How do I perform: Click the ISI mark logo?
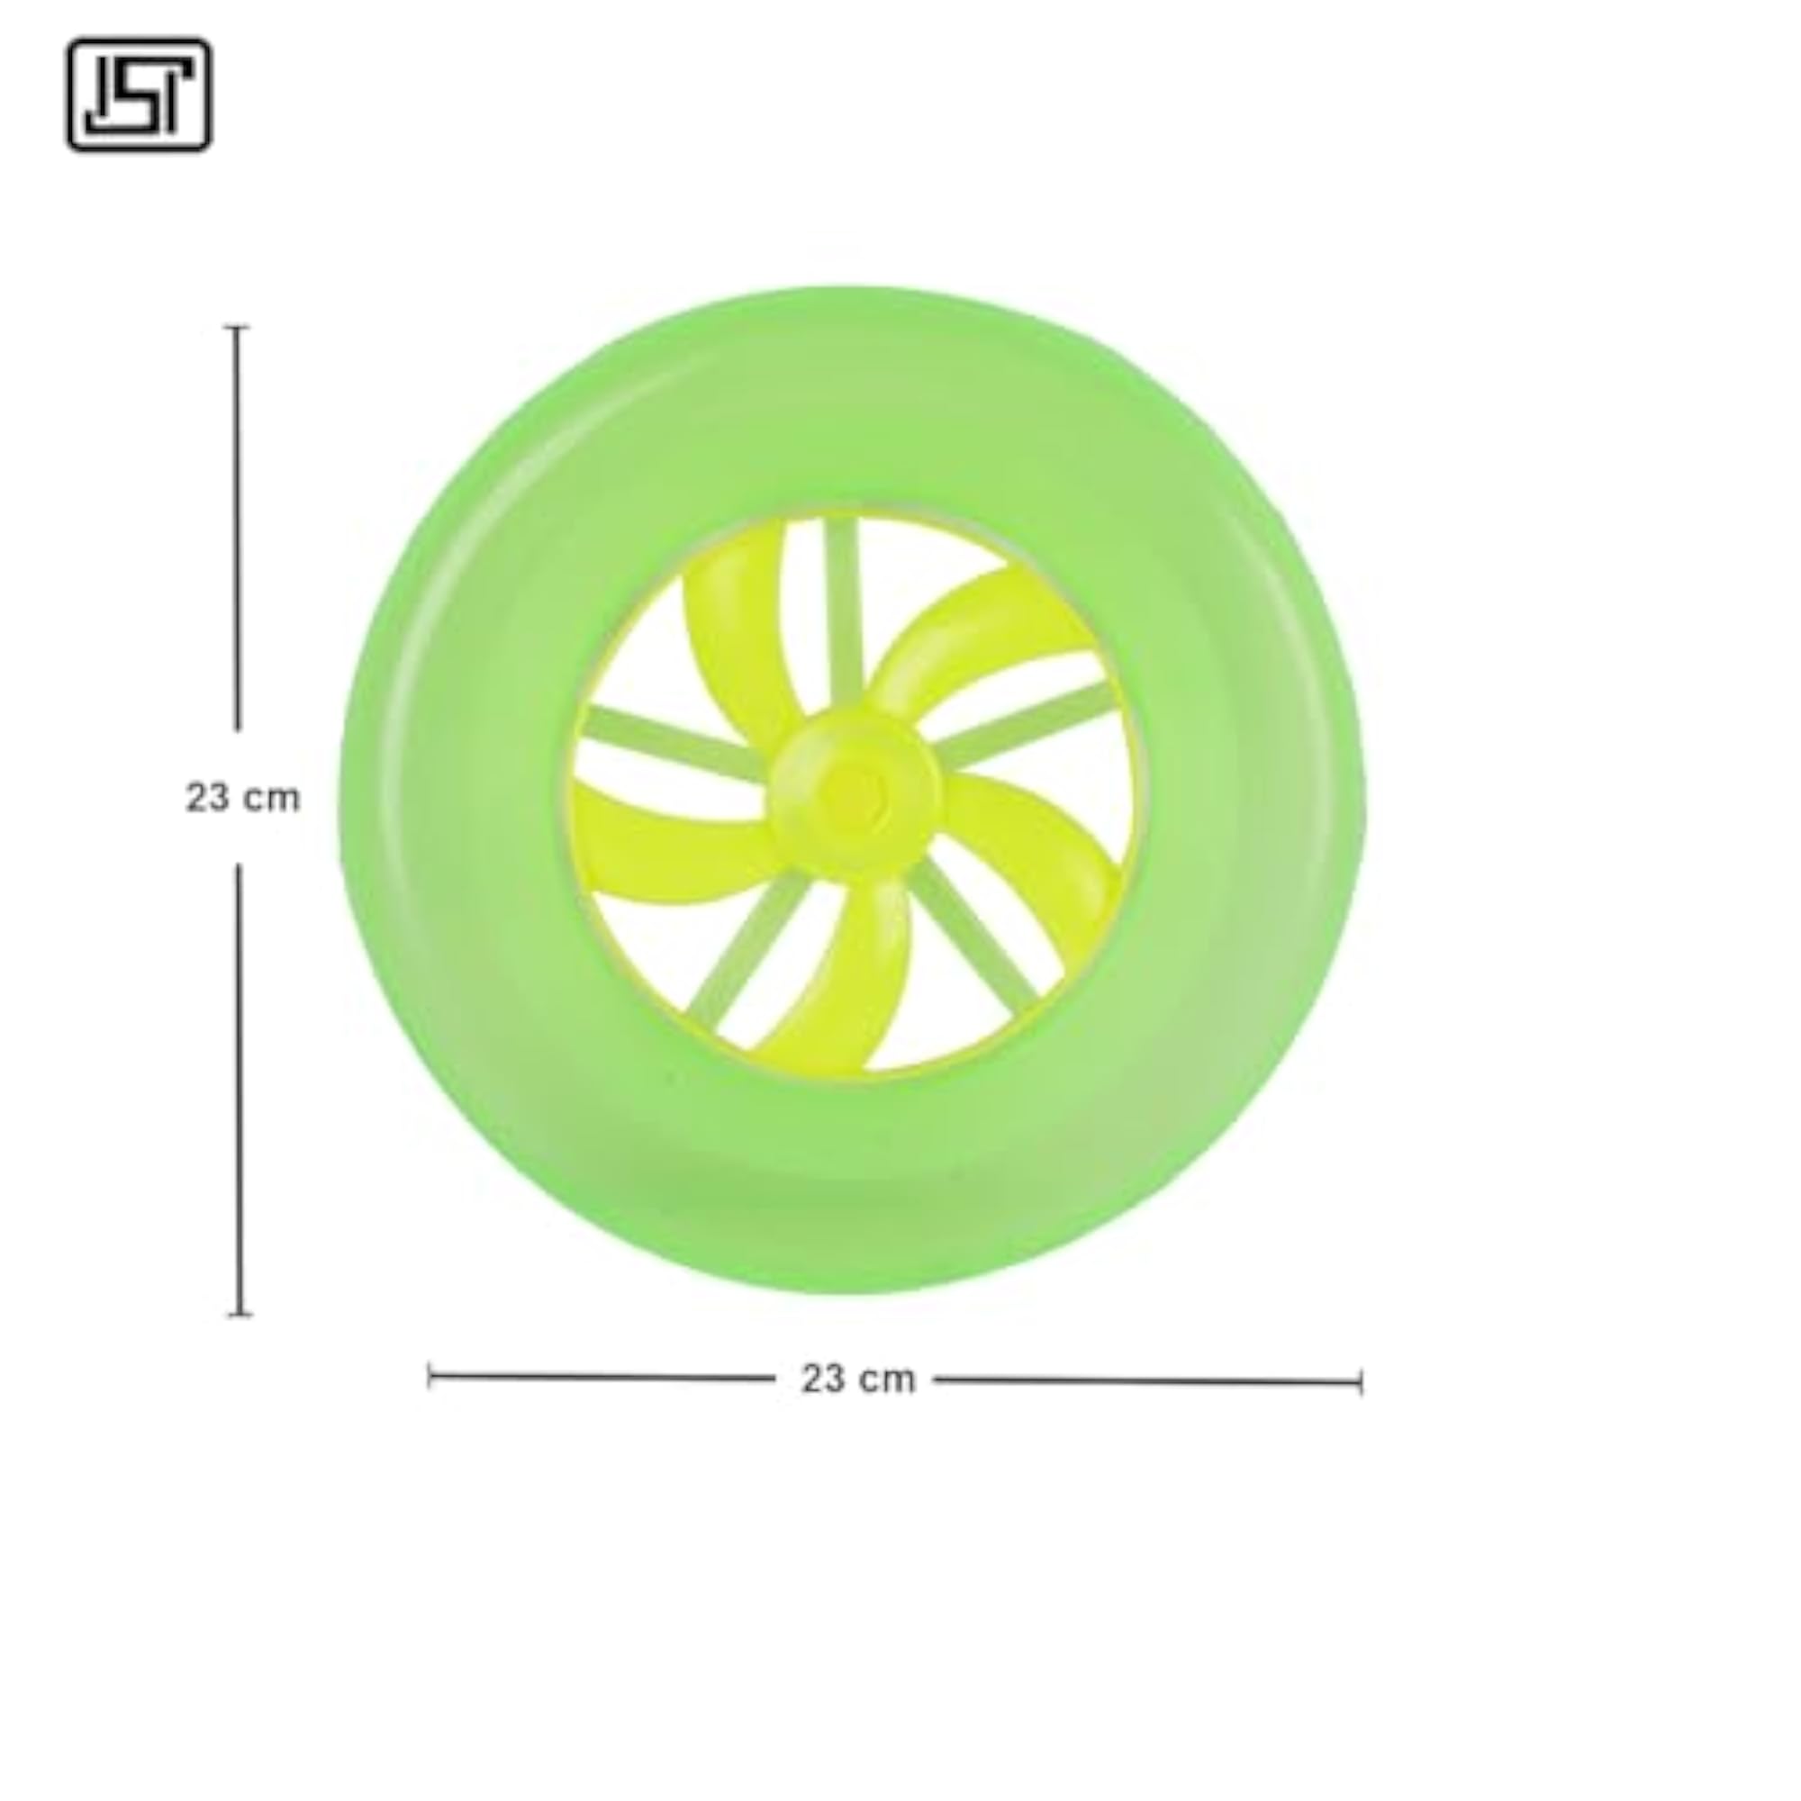139,95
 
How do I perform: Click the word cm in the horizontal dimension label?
885,1379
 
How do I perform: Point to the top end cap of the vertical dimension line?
238,327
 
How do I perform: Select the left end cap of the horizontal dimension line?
429,1376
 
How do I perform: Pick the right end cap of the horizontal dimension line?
1361,1383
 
